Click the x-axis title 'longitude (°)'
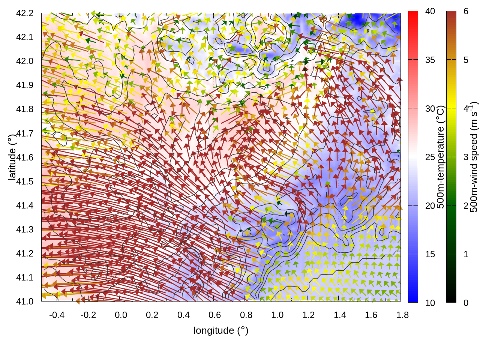221,330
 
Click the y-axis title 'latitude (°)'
12,157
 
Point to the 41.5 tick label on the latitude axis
25,181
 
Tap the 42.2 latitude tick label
25,13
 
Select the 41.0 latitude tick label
25,301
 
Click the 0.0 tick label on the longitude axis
121,315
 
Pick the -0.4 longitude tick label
57,315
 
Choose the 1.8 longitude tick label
402,315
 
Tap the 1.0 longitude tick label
277,315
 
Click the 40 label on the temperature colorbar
430,12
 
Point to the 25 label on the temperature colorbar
430,157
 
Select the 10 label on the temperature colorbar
430,303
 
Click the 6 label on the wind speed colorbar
466,12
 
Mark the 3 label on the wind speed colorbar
466,157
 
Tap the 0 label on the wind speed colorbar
466,303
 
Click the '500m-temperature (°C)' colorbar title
441,157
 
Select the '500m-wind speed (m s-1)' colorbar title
474,157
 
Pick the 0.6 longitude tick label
214,315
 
